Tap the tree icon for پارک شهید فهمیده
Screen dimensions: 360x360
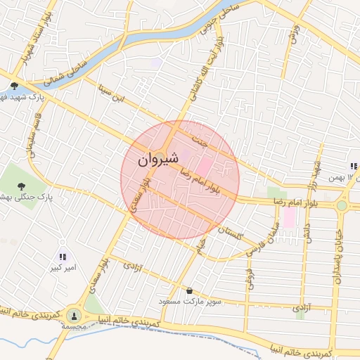click(x=14, y=86)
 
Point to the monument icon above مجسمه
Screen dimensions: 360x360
click(x=74, y=315)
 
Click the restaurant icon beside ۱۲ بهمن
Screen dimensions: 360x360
click(x=354, y=167)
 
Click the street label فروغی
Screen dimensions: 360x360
click(x=249, y=277)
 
